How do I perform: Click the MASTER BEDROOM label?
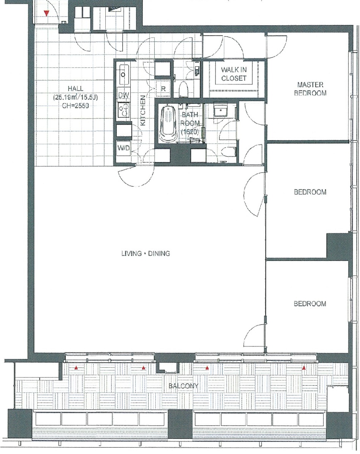coord(310,89)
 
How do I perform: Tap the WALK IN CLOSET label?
coord(234,74)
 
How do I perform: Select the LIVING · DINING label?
coord(146,254)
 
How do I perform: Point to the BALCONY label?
coord(183,386)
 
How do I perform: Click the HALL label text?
coord(75,89)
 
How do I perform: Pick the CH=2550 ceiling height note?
coord(75,106)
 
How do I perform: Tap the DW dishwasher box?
coord(124,95)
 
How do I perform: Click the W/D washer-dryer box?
coord(124,148)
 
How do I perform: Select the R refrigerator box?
coord(163,89)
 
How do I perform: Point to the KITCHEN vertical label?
coord(142,110)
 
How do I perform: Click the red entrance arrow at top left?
coord(46,13)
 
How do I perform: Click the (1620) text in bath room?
coord(190,132)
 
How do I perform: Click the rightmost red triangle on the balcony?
coord(304,368)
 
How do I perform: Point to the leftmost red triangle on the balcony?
coord(76,368)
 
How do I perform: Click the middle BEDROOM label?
coord(310,192)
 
